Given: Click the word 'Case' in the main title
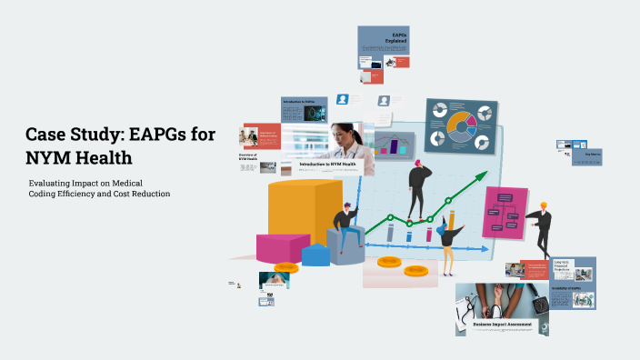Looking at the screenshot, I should [x=46, y=135].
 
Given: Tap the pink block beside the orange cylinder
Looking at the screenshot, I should [x=282, y=245].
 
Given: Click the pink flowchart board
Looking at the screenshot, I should [x=505, y=212].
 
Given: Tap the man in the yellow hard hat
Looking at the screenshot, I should [x=542, y=226].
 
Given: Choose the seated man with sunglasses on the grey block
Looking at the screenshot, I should [x=345, y=227].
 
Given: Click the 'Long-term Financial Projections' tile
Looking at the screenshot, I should [x=564, y=266].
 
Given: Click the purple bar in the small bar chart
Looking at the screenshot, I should [x=396, y=145].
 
